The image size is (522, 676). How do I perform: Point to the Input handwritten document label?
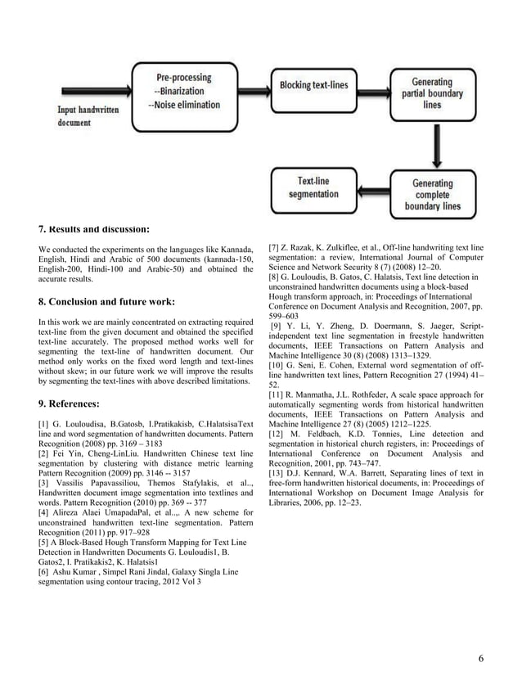(x=87, y=115)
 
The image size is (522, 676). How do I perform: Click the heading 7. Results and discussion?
(x=94, y=228)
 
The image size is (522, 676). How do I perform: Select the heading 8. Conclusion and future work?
(x=106, y=301)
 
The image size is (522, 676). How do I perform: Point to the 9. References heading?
(x=70, y=403)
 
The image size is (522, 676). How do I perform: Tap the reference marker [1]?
(x=45, y=423)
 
